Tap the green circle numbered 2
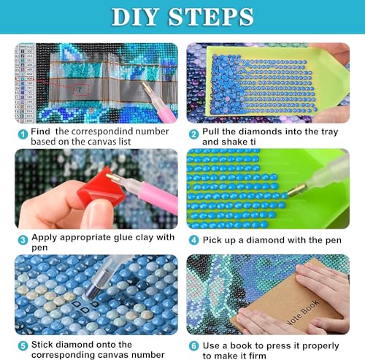tap(194, 134)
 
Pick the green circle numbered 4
tap(194, 239)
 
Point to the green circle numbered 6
tap(194, 344)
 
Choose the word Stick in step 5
tap(45, 344)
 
